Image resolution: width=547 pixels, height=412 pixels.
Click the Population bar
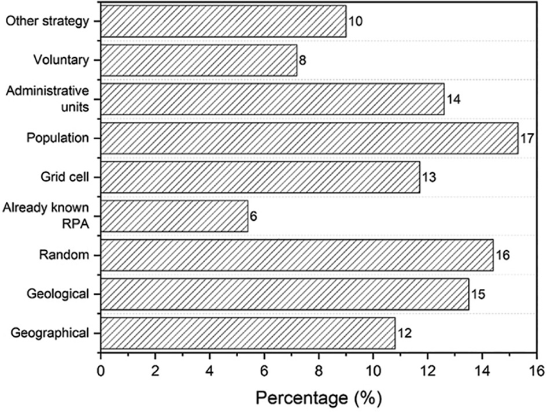(309, 138)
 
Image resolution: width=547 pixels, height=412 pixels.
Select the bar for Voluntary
(199, 61)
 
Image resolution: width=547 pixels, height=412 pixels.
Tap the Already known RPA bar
(175, 216)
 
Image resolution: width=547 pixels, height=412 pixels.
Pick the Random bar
(297, 255)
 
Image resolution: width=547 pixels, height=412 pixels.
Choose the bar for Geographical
(248, 333)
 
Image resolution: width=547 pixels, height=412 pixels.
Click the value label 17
(526, 139)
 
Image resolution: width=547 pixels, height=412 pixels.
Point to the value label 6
(253, 216)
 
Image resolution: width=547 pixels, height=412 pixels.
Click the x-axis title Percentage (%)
(319, 398)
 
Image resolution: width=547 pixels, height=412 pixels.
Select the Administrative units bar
(272, 99)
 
